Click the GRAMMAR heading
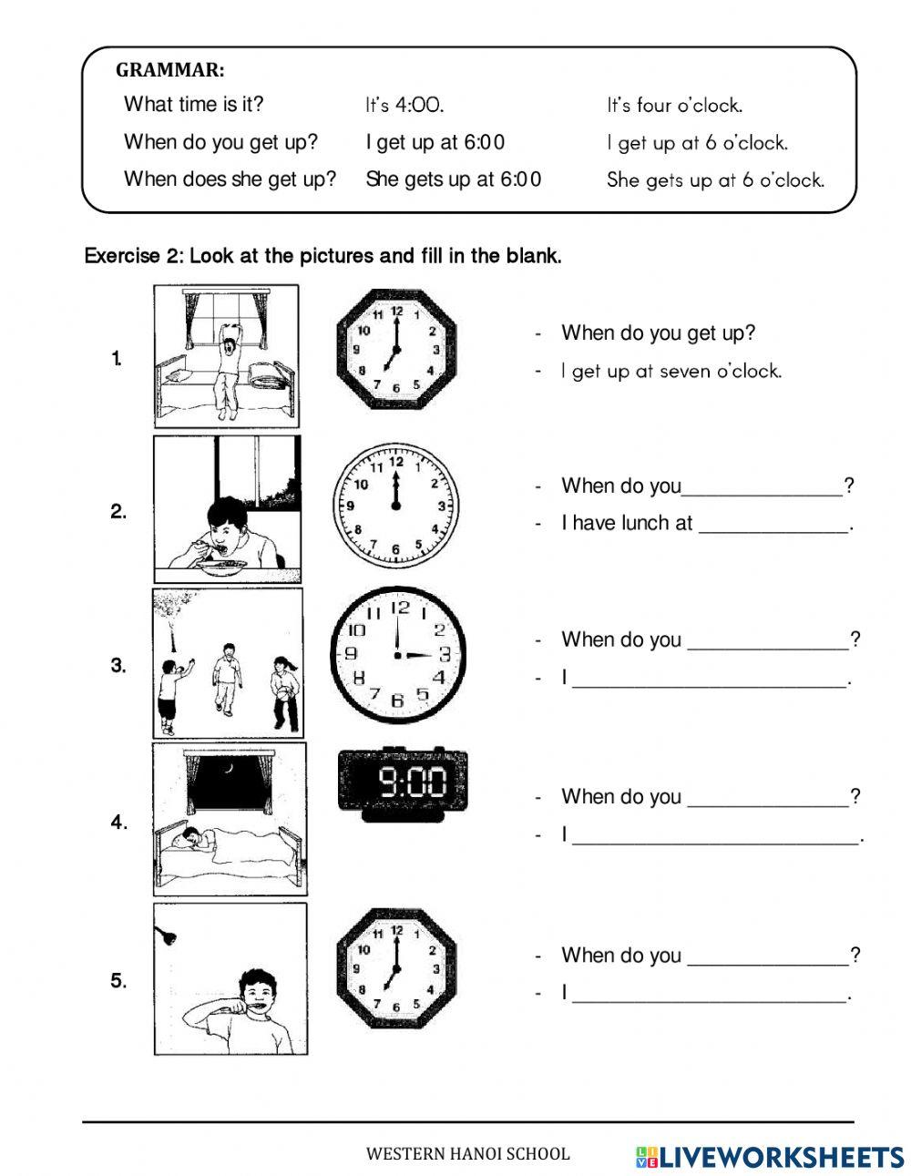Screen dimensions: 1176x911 click(x=170, y=70)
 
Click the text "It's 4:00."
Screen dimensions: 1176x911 click(x=404, y=106)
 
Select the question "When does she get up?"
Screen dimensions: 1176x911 click(x=230, y=179)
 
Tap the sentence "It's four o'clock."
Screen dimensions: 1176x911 click(x=674, y=106)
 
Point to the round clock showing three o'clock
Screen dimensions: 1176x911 click(x=397, y=654)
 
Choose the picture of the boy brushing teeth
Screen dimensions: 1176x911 click(x=230, y=979)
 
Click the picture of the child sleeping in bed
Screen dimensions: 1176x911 click(x=229, y=818)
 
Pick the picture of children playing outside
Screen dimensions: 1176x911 click(x=227, y=663)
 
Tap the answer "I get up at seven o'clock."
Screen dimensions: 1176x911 click(x=671, y=372)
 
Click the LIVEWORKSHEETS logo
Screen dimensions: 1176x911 click(x=769, y=1156)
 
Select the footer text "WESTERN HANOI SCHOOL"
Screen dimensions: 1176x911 click(x=467, y=1154)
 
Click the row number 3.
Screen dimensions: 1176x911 click(x=118, y=666)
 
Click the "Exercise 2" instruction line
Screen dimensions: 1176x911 click(x=322, y=256)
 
